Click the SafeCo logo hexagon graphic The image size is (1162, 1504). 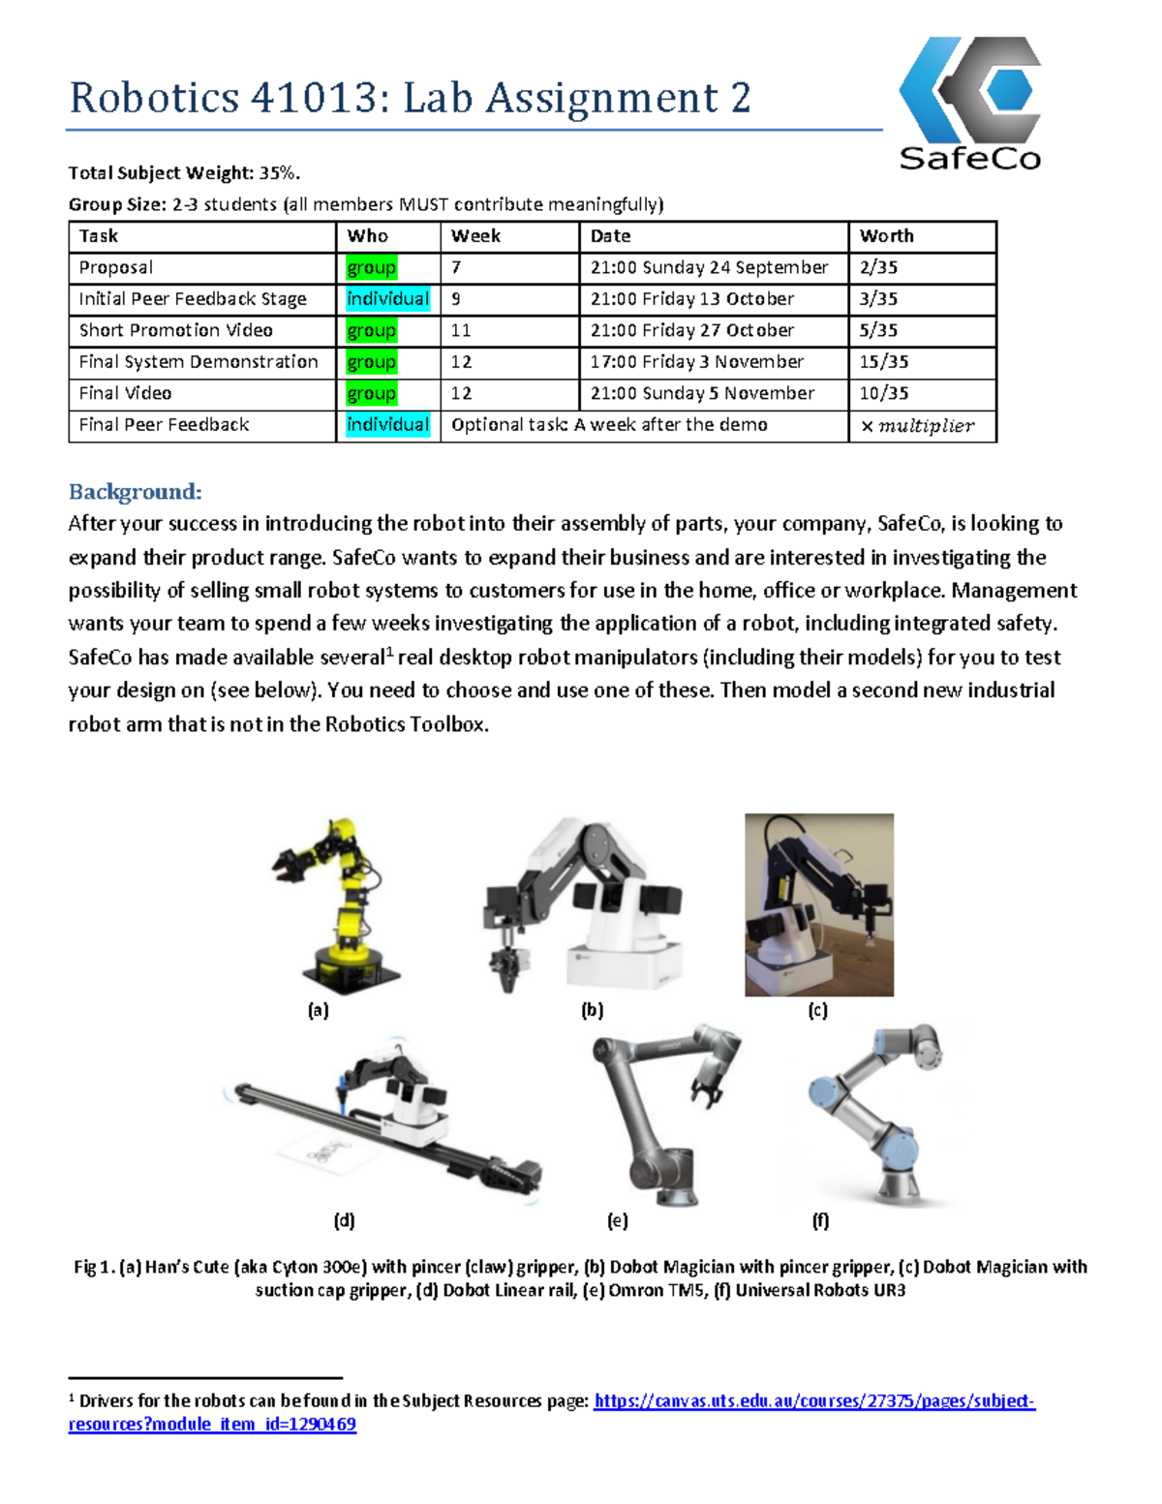[x=970, y=89]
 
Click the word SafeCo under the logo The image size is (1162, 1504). [x=969, y=158]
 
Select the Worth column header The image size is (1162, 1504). [x=886, y=236]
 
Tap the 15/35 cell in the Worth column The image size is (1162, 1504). [x=884, y=362]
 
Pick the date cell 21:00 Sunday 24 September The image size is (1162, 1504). [x=709, y=267]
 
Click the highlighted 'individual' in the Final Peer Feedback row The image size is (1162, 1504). [x=387, y=425]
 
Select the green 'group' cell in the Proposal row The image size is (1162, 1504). [x=371, y=267]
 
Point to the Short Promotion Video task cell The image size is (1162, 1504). [x=175, y=330]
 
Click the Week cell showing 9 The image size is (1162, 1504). [x=456, y=299]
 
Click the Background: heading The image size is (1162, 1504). [x=135, y=492]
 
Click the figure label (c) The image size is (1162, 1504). [x=817, y=1010]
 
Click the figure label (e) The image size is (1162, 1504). [x=617, y=1220]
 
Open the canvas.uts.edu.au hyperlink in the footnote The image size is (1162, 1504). [x=813, y=1401]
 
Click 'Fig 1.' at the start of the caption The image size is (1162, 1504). [x=94, y=1267]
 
